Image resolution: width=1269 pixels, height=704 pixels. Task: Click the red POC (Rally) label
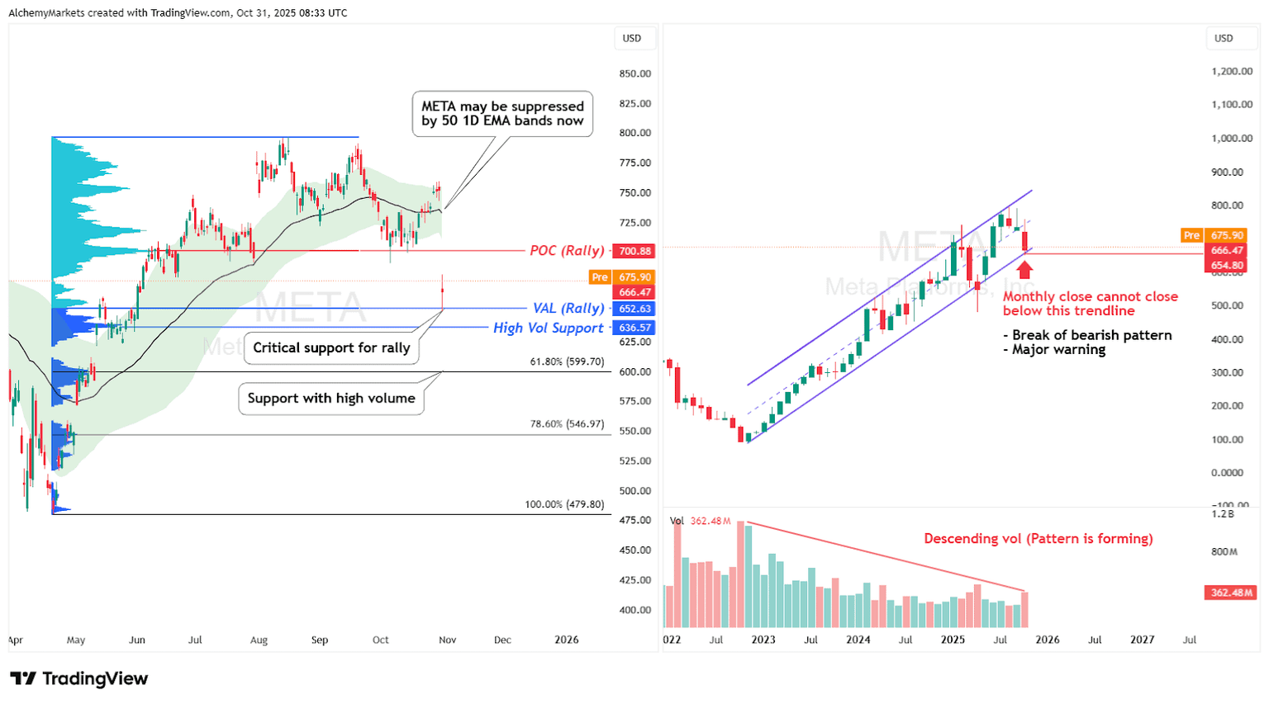tap(567, 251)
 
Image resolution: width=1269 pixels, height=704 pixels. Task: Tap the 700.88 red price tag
tap(634, 251)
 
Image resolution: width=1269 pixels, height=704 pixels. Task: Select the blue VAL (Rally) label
tap(568, 309)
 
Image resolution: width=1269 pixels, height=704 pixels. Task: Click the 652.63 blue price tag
tap(634, 309)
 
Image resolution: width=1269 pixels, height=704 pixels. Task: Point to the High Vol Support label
tap(549, 328)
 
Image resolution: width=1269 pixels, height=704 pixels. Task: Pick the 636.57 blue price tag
tap(634, 328)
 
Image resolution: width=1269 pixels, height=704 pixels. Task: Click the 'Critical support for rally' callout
tap(331, 347)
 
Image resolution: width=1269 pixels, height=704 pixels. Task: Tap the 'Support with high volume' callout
tap(331, 399)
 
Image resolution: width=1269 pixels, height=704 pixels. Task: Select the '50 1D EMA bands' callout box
tap(502, 114)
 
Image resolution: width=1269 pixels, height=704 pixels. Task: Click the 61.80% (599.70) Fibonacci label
tap(567, 361)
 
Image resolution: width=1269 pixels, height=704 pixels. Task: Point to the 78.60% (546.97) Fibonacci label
tap(567, 424)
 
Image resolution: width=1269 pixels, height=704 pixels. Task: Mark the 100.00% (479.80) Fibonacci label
tap(564, 504)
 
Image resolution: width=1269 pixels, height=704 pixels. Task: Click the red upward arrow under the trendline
tap(1024, 270)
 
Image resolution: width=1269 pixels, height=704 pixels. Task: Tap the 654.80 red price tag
tap(1227, 266)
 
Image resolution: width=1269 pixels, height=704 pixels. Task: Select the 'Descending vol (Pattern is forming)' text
tap(1038, 539)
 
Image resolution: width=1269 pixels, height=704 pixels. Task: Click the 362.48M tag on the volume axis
tap(1230, 593)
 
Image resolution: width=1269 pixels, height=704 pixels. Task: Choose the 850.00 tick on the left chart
tap(634, 73)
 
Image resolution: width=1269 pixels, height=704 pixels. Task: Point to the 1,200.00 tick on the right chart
tap(1232, 72)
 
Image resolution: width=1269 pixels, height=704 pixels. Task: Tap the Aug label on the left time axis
tap(259, 640)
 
